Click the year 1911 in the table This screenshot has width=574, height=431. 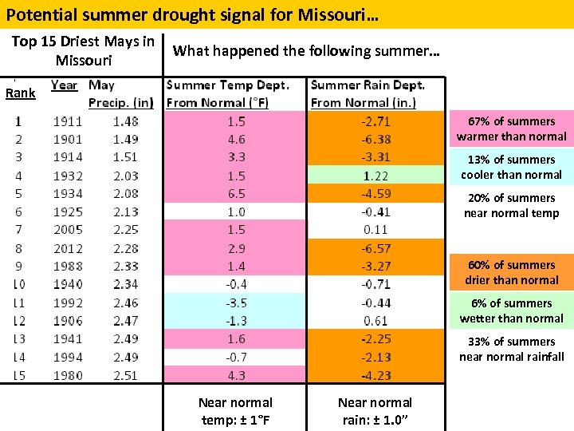68,121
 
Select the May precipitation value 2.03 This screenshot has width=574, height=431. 125,176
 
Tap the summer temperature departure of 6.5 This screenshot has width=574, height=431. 236,194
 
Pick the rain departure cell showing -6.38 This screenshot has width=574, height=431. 375,140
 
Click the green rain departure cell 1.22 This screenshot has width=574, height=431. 375,176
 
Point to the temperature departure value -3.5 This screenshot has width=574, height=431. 236,302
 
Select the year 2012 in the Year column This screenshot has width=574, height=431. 68,248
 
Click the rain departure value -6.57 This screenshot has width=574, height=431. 375,248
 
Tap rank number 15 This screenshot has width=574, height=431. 18,375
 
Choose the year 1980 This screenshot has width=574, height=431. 68,375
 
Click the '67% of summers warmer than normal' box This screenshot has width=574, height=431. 511,129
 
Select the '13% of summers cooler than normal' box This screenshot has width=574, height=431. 511,167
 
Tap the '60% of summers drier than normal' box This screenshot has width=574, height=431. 511,272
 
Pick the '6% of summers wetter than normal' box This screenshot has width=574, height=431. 511,310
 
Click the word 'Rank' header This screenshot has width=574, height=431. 21,93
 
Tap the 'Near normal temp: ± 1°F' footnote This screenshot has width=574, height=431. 235,410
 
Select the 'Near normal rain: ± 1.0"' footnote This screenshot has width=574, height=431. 375,410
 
